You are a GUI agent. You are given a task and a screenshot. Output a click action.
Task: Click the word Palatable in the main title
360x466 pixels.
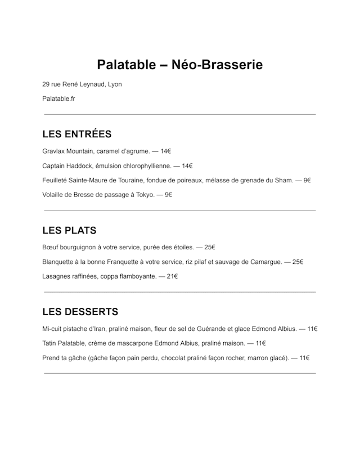tap(126, 65)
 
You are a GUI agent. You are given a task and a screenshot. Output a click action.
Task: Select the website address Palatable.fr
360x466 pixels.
tap(58, 99)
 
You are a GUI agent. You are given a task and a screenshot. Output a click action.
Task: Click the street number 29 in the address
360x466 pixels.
tap(46, 84)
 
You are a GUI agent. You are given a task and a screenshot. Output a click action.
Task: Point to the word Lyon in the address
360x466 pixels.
tap(115, 84)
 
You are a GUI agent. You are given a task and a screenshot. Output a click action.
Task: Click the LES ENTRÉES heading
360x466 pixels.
tap(76, 134)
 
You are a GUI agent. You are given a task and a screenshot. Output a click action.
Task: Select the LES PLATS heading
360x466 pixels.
tap(69, 230)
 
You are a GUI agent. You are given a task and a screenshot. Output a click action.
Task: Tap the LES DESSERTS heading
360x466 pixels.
tap(80, 312)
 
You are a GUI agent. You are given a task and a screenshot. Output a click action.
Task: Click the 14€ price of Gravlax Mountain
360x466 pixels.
tap(165, 151)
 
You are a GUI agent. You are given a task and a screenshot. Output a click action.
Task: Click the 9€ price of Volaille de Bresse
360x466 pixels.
tap(168, 195)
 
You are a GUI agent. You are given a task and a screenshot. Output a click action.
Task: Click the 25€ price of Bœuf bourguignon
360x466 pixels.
tap(210, 247)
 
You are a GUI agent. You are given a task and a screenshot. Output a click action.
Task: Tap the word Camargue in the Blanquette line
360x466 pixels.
tap(266, 262)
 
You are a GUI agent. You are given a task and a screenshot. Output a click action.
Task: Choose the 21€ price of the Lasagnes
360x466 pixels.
tap(172, 276)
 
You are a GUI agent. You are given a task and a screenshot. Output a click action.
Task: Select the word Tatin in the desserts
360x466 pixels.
tap(49, 343)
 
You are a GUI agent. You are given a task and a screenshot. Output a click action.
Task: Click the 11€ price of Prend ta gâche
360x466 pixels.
tap(304, 358)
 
